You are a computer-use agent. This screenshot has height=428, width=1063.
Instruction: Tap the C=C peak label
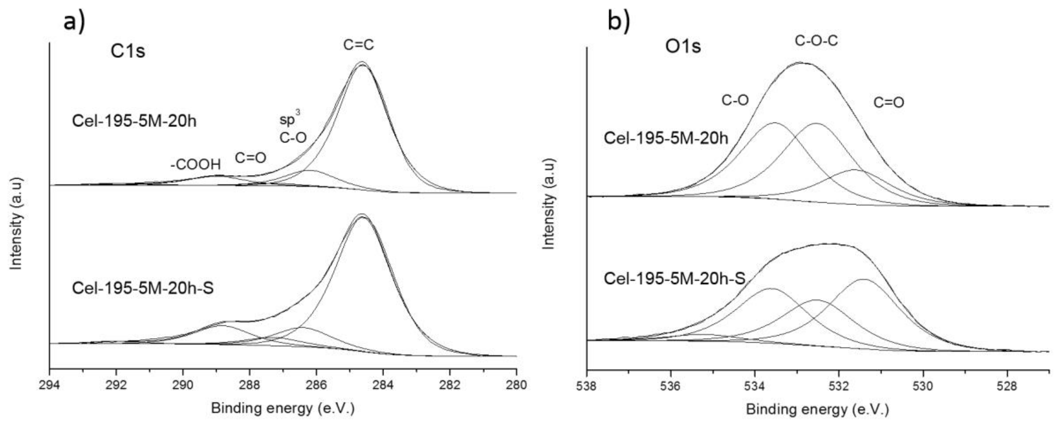click(358, 45)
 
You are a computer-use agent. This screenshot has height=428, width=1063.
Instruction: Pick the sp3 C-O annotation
click(293, 131)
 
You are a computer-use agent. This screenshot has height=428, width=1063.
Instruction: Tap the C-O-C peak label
click(816, 41)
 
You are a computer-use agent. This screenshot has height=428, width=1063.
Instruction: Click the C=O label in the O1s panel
click(888, 103)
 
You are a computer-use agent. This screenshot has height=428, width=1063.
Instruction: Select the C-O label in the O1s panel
click(735, 100)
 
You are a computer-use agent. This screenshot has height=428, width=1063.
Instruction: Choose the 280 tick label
click(516, 385)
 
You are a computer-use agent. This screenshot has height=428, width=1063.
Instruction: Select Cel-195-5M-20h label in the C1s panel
click(134, 121)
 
